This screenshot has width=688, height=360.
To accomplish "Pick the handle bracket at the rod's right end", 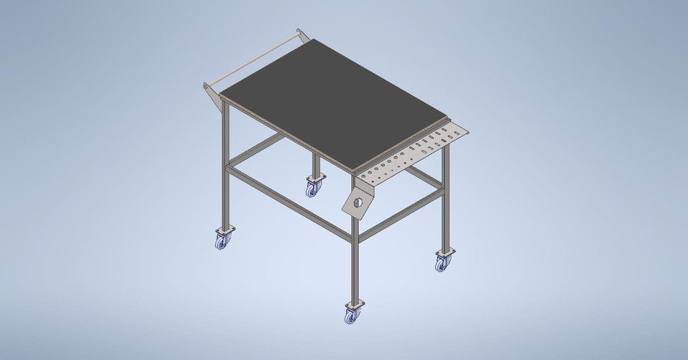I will click(x=303, y=37).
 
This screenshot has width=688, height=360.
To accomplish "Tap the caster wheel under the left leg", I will click(x=221, y=242).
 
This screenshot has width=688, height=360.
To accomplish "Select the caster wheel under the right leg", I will click(x=441, y=264).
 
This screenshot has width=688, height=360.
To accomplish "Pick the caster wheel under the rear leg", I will click(x=313, y=189).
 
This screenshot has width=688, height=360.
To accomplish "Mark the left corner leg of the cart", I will click(x=225, y=165).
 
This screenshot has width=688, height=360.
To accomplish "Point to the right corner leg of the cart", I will click(x=444, y=201).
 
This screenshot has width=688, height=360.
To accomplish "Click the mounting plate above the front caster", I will click(x=353, y=305).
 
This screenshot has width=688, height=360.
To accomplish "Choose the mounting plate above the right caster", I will click(x=444, y=252).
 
